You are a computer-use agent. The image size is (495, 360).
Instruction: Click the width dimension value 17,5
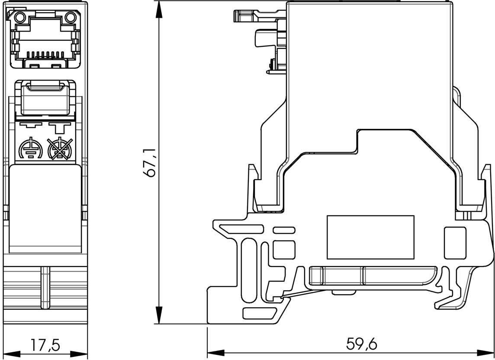point(45,345)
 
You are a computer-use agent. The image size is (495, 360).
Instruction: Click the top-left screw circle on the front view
point(19,18)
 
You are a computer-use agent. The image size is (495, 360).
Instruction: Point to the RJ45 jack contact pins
point(45,55)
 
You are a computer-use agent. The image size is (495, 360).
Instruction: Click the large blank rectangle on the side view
point(370,237)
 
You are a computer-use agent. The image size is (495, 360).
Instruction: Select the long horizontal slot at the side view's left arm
point(241,228)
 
